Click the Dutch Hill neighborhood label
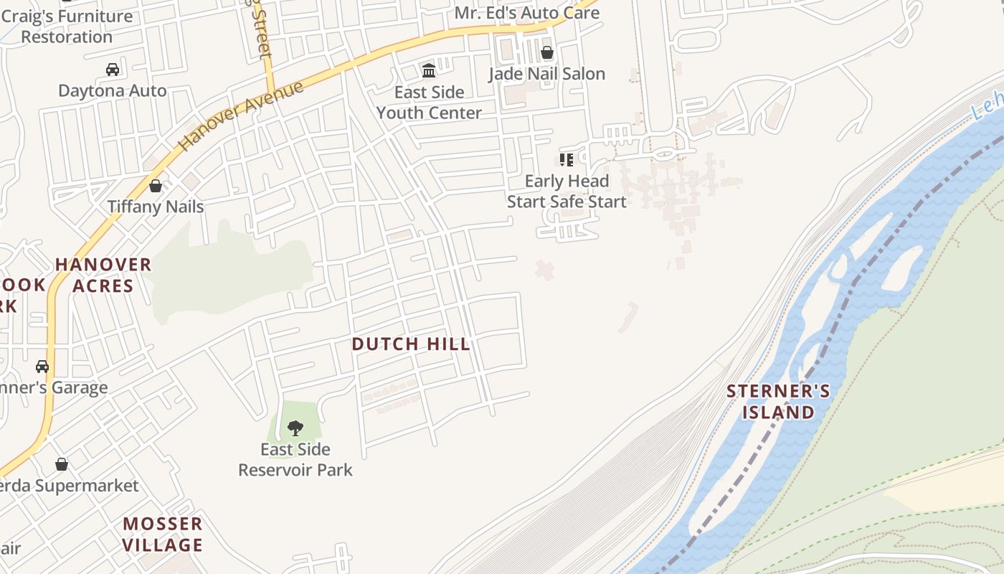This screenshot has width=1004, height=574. click(x=411, y=344)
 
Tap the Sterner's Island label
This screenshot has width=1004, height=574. click(x=779, y=402)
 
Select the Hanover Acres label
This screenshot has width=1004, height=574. click(x=103, y=276)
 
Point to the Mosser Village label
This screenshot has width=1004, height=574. click(x=162, y=535)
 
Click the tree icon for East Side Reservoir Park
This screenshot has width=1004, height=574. click(x=295, y=429)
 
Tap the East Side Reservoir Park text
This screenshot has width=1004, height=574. click(x=295, y=460)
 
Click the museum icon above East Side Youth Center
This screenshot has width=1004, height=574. click(x=429, y=70)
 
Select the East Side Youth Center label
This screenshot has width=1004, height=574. click(x=429, y=103)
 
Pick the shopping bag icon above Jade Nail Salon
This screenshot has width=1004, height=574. click(x=547, y=52)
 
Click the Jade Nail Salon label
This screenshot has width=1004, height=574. click(x=547, y=74)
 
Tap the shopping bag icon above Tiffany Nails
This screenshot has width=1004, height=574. click(x=156, y=186)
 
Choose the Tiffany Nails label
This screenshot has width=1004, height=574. click(x=156, y=207)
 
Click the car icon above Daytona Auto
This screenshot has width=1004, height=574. click(x=113, y=70)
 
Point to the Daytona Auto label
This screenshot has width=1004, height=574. click(x=113, y=91)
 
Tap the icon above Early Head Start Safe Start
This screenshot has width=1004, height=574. click(x=567, y=159)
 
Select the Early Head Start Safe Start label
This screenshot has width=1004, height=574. click(x=567, y=192)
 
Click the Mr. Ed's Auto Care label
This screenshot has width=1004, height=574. click(x=527, y=13)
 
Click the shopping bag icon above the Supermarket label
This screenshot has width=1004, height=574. click(x=62, y=464)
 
